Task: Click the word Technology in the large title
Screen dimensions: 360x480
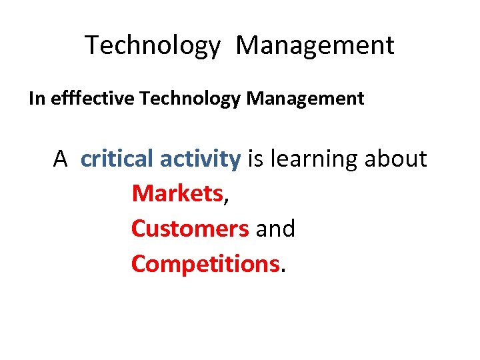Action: (x=152, y=46)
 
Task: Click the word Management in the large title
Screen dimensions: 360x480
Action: (x=315, y=46)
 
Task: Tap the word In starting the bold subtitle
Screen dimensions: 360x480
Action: (x=35, y=99)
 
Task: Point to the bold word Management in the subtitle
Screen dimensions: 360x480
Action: (x=305, y=99)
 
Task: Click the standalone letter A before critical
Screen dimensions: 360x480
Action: (x=61, y=159)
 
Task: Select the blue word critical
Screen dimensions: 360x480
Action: (x=117, y=159)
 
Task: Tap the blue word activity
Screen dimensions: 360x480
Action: (x=200, y=159)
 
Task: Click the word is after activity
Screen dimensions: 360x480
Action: (x=255, y=159)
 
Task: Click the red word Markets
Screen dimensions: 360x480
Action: (x=177, y=194)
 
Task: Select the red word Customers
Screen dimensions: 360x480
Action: (x=190, y=229)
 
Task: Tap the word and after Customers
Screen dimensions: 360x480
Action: (x=275, y=229)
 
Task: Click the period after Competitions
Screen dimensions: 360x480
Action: (x=283, y=270)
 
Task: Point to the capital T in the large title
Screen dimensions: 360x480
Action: (x=92, y=46)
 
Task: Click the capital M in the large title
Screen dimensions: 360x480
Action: (x=249, y=46)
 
